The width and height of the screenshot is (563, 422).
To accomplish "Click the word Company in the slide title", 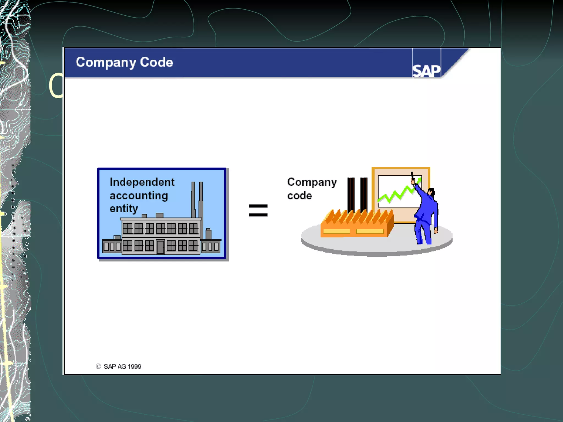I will (x=106, y=63).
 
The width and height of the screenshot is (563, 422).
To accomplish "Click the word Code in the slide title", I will (x=156, y=62).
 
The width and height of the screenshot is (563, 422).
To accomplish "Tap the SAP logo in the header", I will (x=426, y=71).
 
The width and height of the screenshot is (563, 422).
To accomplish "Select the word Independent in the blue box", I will (x=142, y=182).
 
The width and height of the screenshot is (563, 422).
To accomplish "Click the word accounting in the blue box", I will (x=139, y=196).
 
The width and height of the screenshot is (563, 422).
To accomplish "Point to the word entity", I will (x=124, y=209).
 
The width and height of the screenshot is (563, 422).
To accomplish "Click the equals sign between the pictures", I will (x=258, y=210).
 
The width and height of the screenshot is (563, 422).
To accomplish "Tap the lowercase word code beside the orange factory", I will (x=299, y=196).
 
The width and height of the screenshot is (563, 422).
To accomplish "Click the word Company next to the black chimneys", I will (x=312, y=182).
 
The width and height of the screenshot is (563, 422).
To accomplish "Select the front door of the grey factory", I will (x=160, y=246).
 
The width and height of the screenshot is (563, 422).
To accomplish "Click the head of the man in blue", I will (x=431, y=191).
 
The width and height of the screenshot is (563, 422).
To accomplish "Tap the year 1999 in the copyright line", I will (x=134, y=367).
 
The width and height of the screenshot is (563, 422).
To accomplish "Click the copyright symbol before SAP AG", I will (x=98, y=366).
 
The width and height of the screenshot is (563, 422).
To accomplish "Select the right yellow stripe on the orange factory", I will (x=369, y=231).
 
